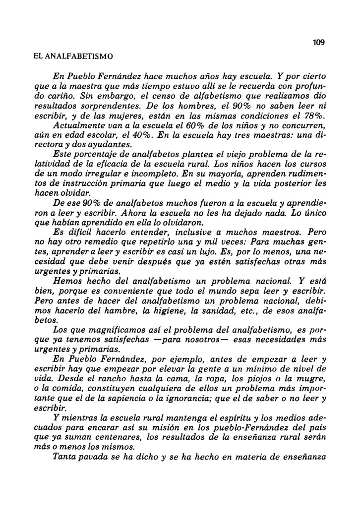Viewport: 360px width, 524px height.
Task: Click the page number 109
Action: pos(318,43)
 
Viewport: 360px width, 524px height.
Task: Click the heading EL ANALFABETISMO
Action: pos(73,57)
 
